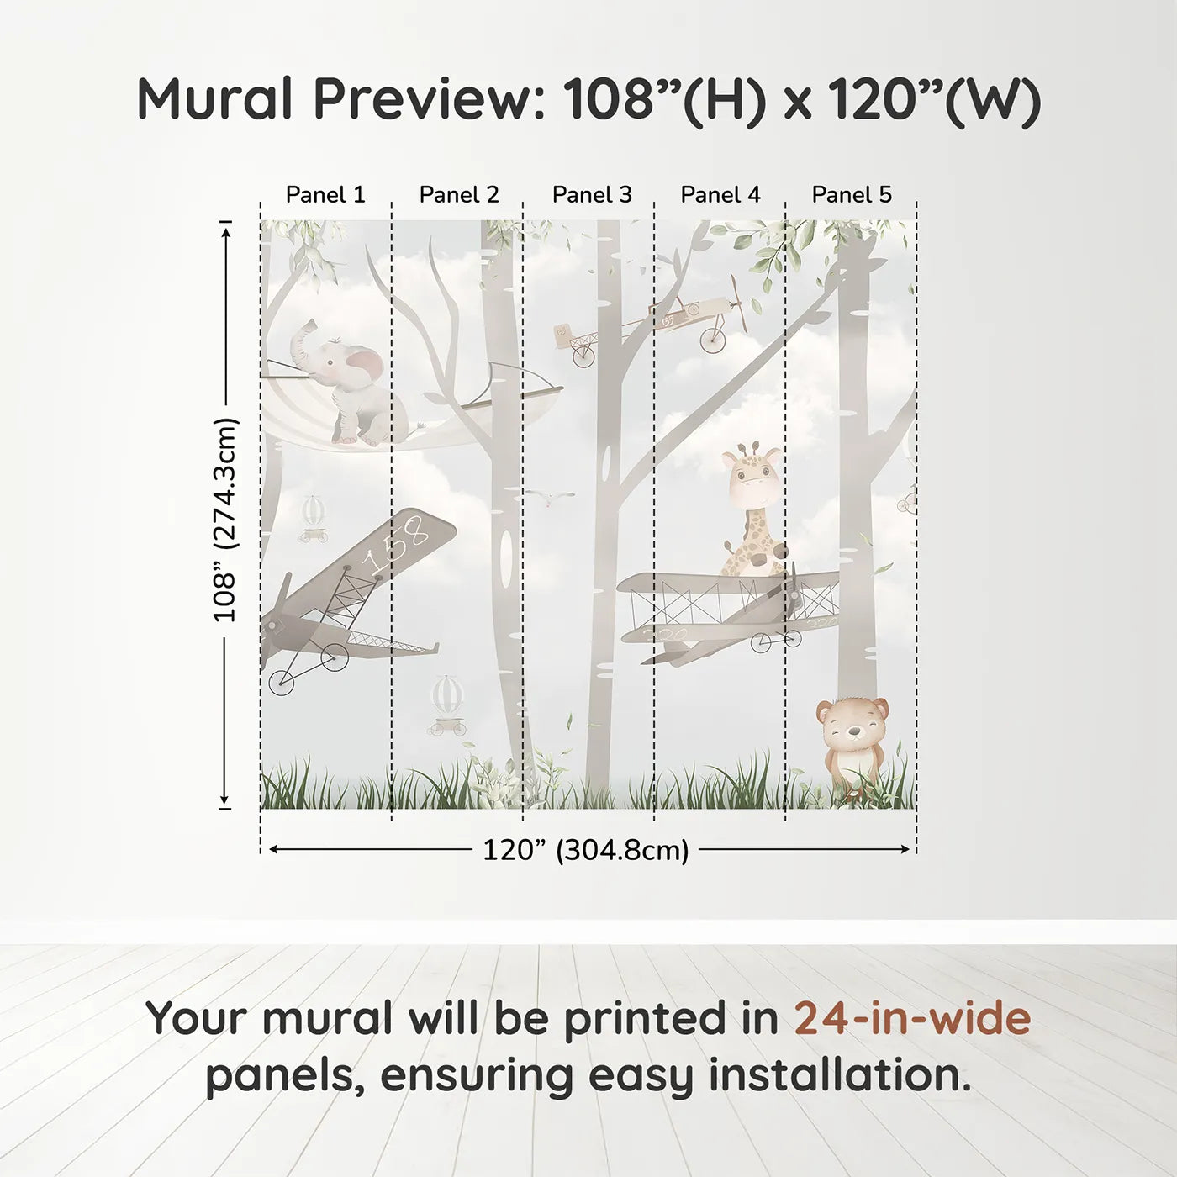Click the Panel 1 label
(325, 194)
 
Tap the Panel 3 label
(591, 194)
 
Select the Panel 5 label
(851, 194)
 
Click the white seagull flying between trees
(548, 498)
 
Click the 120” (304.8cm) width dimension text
(585, 850)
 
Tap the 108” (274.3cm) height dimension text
(225, 519)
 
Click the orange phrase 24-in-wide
(911, 1018)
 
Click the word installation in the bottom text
(839, 1075)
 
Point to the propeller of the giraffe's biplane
(793, 593)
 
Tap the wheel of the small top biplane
(712, 339)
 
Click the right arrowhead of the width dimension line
(906, 850)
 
